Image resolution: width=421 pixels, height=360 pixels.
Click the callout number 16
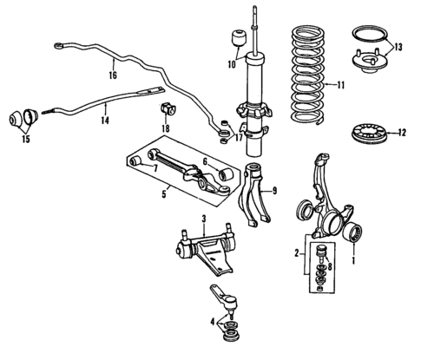tap(113, 75)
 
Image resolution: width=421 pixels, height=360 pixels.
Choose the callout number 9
tap(273, 192)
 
